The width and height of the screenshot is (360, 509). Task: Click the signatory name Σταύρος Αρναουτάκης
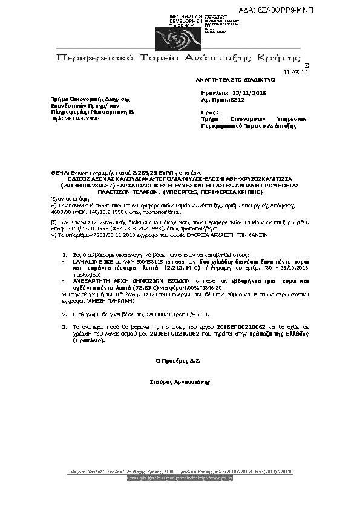pos(178,383)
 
